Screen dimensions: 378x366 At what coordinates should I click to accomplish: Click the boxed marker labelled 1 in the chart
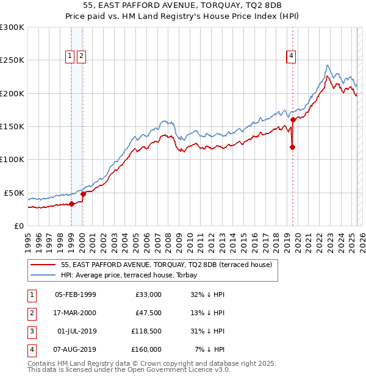[70, 56]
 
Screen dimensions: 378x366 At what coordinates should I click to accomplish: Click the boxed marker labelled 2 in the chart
[81, 56]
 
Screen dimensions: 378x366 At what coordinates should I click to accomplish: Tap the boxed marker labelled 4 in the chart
[292, 56]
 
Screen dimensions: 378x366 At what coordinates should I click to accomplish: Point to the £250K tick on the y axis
[12, 60]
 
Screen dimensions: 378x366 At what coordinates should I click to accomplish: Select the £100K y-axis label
[12, 159]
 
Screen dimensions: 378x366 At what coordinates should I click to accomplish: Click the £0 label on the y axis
[18, 226]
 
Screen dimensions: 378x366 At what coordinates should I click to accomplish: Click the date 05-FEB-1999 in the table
[75, 294]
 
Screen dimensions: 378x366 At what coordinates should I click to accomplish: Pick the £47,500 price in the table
[148, 313]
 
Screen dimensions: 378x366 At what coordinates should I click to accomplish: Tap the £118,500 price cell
[147, 331]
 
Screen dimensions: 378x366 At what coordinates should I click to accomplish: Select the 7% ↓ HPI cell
[209, 349]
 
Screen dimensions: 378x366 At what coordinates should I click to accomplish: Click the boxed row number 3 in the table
[31, 331]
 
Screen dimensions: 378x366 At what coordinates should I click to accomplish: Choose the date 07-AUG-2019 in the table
[76, 349]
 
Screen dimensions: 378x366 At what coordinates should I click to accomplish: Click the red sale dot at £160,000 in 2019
[293, 120]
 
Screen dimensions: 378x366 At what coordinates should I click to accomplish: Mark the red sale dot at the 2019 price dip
[292, 147]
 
